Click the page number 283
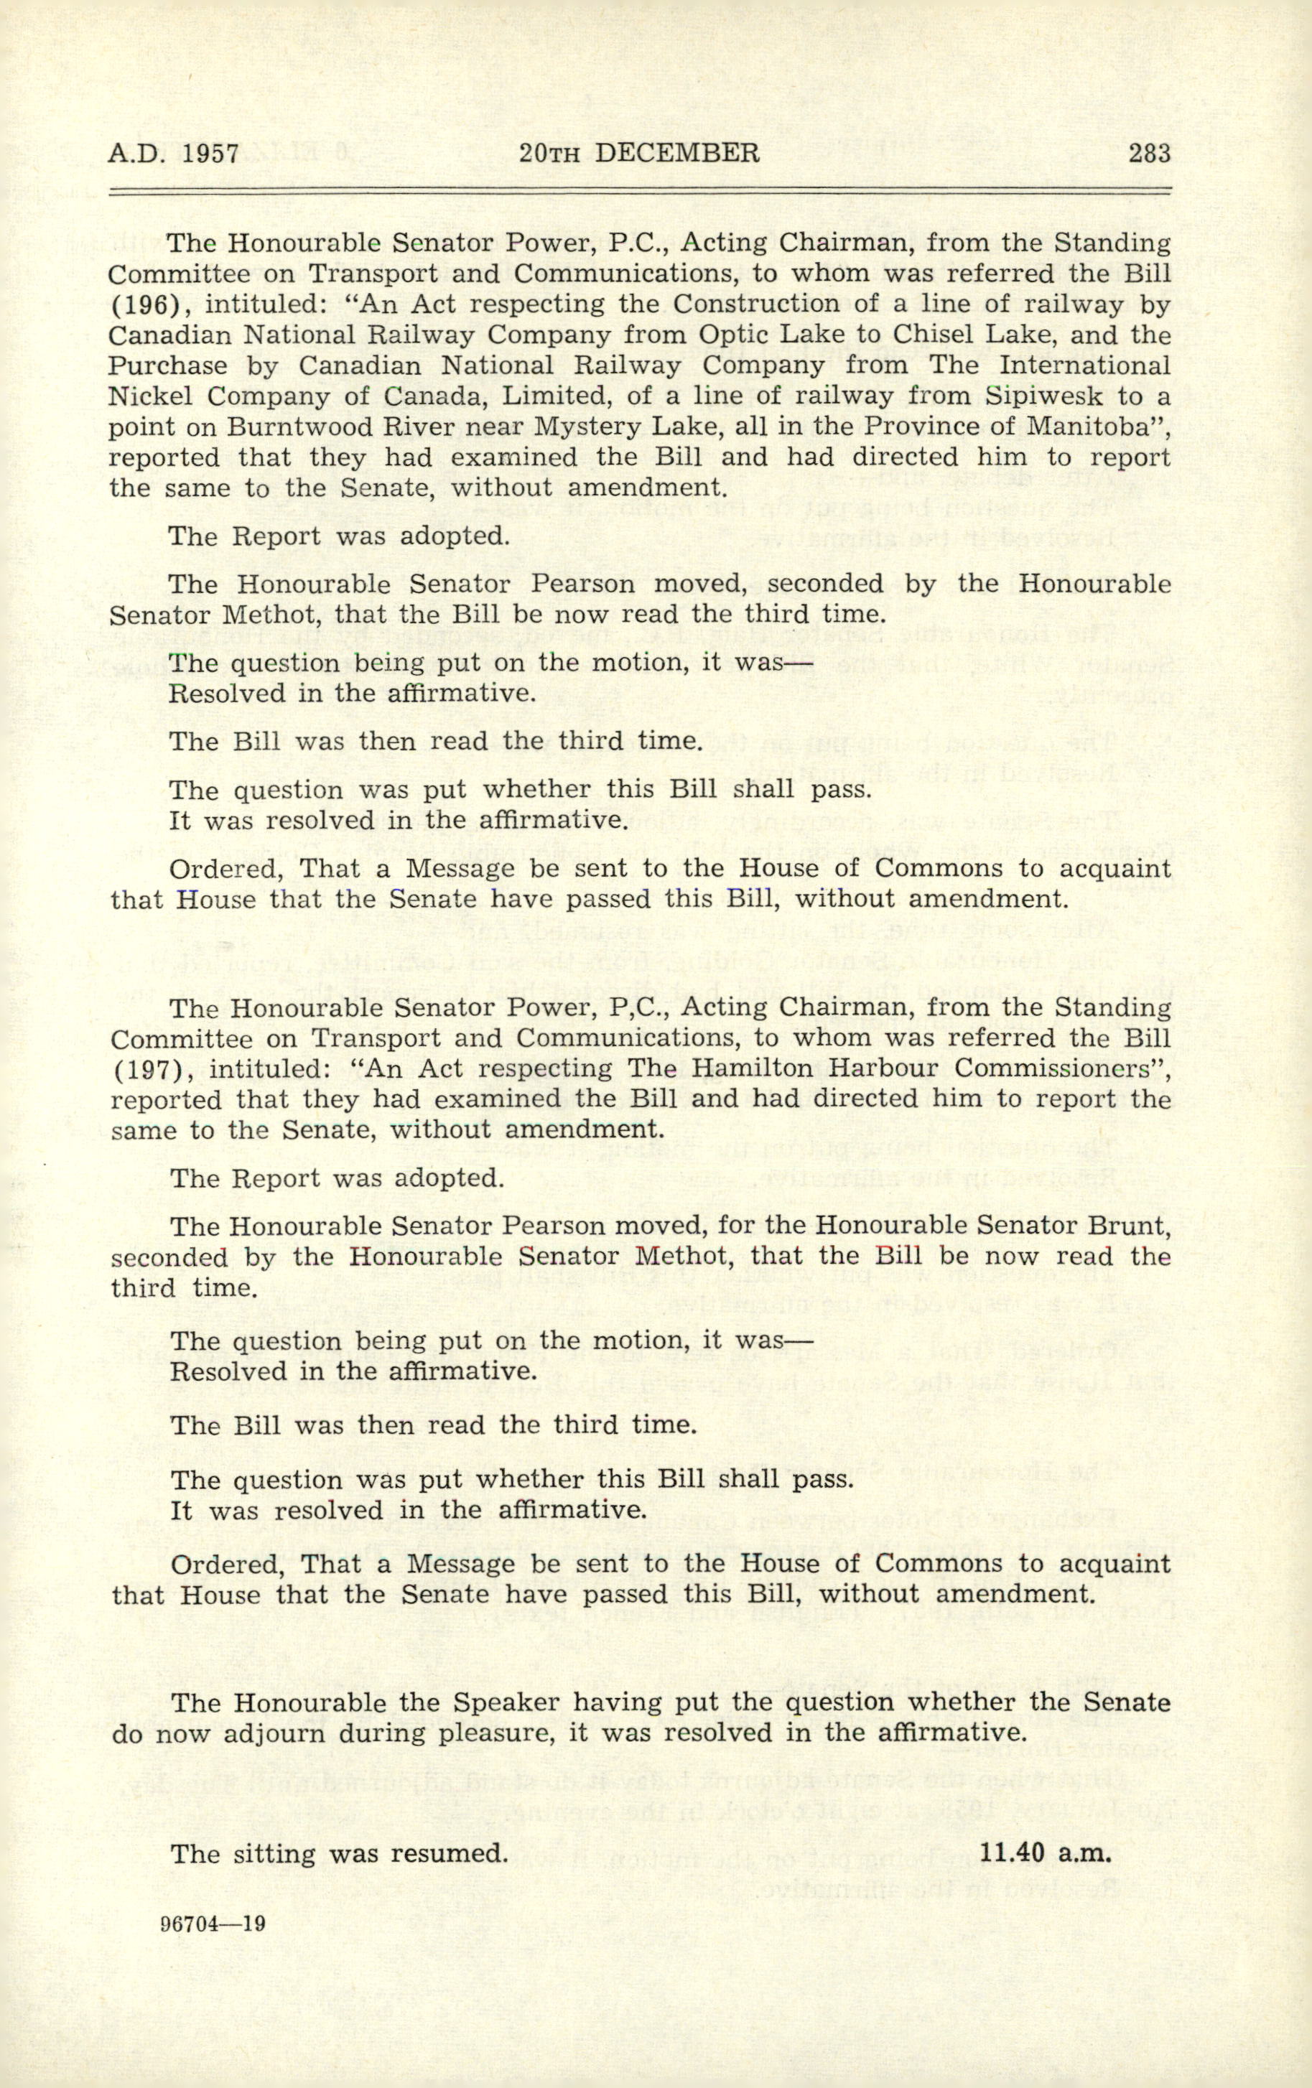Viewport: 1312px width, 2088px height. click(x=1149, y=154)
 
